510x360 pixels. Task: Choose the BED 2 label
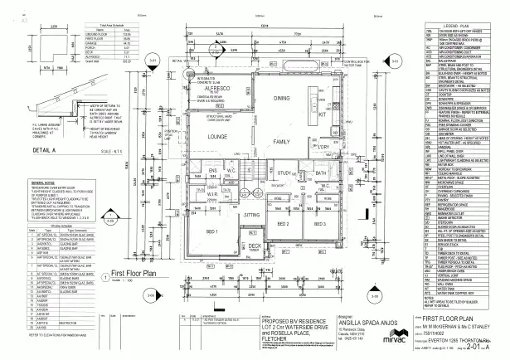(x=282, y=223)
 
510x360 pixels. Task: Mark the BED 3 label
(x=318, y=223)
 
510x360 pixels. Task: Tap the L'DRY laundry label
(x=323, y=146)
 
